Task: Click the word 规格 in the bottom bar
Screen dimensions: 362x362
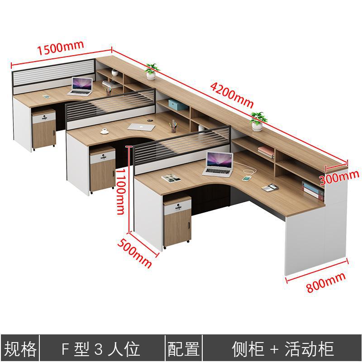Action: [20, 349]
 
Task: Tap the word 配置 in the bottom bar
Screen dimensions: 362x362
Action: [184, 349]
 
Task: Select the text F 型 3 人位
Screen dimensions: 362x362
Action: [100, 349]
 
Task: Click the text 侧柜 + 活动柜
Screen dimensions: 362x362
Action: [283, 349]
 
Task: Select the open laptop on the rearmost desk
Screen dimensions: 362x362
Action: [81, 86]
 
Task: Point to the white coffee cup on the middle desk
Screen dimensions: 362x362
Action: [105, 131]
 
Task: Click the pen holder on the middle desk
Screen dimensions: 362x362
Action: [173, 126]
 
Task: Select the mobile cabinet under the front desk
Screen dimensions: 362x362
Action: [176, 222]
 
